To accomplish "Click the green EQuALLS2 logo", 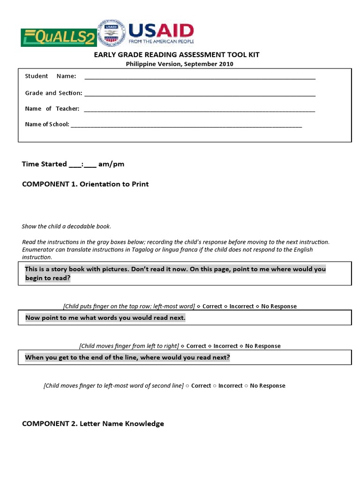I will click(58, 37).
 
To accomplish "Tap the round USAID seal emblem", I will click(111, 34).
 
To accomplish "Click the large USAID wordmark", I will click(161, 31).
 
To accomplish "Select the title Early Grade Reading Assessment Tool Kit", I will click(177, 55).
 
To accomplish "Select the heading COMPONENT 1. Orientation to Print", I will click(85, 184).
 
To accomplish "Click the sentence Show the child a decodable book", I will click(66, 226).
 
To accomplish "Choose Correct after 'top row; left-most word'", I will click(212, 307).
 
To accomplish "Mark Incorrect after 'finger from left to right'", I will click(225, 346).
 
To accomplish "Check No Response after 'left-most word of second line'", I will click(267, 386).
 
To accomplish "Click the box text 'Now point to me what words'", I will click(105, 318).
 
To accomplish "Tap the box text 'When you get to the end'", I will click(127, 358).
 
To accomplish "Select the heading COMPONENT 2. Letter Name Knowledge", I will click(93, 424).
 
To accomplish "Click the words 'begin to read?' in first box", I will click(47, 278).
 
